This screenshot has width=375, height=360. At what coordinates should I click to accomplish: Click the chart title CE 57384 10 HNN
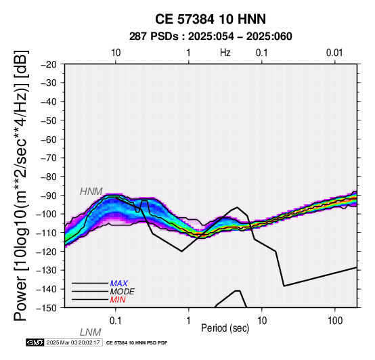(211, 19)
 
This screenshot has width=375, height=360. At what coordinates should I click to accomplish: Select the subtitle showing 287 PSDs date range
(211, 37)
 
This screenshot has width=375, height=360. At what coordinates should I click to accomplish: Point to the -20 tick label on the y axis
(49, 64)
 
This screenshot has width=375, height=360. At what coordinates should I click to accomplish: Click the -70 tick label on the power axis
(49, 158)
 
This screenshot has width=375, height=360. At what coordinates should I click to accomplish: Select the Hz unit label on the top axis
(225, 53)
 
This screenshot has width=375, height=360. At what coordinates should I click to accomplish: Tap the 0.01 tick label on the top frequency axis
(334, 53)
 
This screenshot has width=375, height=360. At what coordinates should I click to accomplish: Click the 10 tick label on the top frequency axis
(116, 53)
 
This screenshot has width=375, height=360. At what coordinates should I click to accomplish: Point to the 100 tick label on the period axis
(335, 321)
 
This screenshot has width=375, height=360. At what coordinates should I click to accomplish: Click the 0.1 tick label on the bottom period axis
(115, 321)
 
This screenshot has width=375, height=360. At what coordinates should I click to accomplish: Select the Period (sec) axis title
(225, 328)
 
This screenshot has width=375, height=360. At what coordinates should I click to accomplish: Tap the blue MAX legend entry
(119, 284)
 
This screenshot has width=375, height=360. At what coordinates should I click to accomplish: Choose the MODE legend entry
(123, 292)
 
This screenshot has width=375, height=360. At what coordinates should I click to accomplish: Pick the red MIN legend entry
(118, 300)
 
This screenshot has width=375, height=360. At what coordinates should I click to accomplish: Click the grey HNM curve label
(91, 192)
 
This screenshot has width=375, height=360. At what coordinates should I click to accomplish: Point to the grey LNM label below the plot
(91, 332)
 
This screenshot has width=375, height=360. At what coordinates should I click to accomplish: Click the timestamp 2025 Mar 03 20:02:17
(73, 342)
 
